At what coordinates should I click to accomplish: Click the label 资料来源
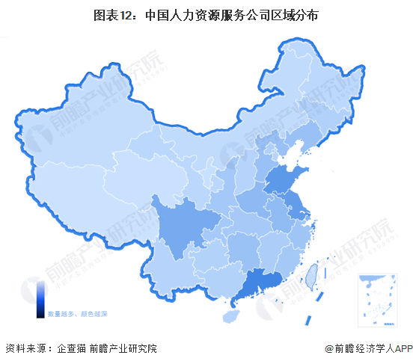pos(24,349)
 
